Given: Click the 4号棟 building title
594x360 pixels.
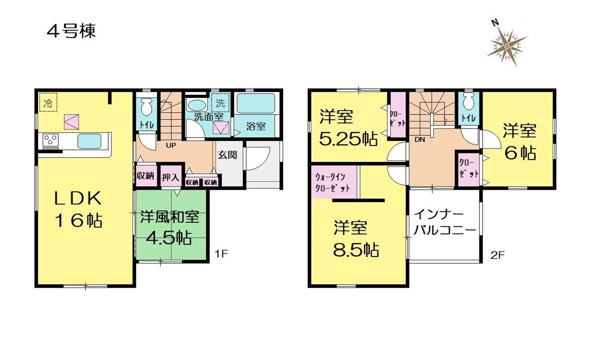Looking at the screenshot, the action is pyautogui.click(x=71, y=31).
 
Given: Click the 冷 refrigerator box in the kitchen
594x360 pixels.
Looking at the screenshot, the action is pyautogui.click(x=48, y=102).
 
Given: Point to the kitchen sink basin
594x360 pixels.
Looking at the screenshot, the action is pyautogui.click(x=90, y=141).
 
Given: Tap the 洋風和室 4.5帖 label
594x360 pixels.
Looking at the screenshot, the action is pyautogui.click(x=169, y=227).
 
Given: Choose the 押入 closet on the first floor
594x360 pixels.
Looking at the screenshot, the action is pyautogui.click(x=170, y=177).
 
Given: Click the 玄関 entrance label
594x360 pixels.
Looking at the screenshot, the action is pyautogui.click(x=227, y=155).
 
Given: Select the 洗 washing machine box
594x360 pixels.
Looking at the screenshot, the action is pyautogui.click(x=220, y=103).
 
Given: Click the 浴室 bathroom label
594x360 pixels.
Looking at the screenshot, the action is pyautogui.click(x=256, y=127).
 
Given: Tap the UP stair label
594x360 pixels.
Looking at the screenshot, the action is pyautogui.click(x=171, y=146).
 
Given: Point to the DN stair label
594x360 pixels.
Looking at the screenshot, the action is pyautogui.click(x=420, y=140).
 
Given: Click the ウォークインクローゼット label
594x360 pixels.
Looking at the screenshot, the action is pyautogui.click(x=333, y=182).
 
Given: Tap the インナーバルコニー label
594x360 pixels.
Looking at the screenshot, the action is pyautogui.click(x=445, y=222).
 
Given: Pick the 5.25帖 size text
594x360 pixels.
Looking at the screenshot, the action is pyautogui.click(x=349, y=139).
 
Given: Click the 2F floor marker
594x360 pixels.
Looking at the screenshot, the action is pyautogui.click(x=497, y=255).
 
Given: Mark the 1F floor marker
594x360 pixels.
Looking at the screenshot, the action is pyautogui.click(x=221, y=254).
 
